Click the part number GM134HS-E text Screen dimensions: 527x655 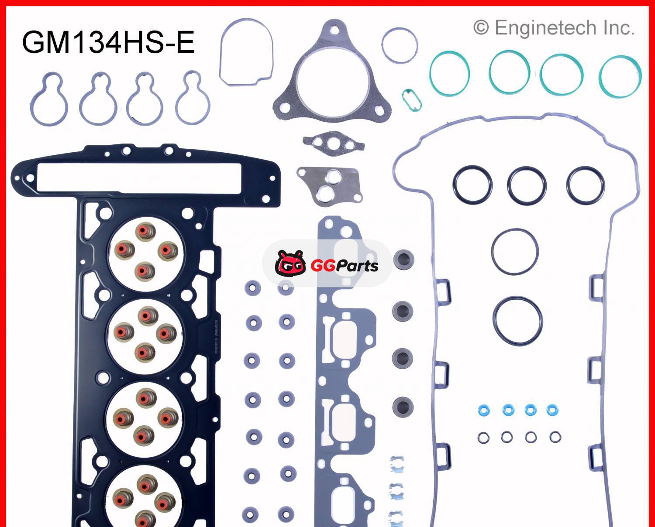(x=108, y=42)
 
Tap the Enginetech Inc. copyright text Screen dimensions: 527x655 (x=554, y=28)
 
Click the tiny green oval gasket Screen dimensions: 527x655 (x=411, y=100)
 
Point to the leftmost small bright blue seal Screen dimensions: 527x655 (x=483, y=410)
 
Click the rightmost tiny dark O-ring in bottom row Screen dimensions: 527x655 (x=555, y=437)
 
